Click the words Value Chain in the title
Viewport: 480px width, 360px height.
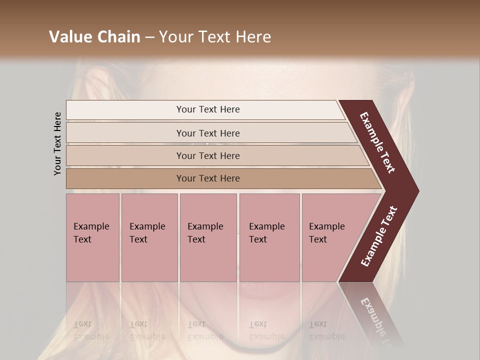click(x=94, y=37)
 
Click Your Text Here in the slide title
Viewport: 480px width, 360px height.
click(x=215, y=37)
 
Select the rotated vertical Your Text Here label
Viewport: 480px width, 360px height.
click(x=57, y=143)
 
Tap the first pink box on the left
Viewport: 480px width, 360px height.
click(x=92, y=237)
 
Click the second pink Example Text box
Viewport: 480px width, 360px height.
click(x=149, y=237)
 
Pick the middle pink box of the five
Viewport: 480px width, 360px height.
click(x=208, y=237)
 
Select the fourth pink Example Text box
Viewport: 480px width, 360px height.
click(x=269, y=237)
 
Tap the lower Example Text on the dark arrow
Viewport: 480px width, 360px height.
click(x=379, y=236)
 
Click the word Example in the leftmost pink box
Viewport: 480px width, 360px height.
click(x=91, y=226)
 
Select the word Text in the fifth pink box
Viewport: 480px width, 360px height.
click(x=318, y=239)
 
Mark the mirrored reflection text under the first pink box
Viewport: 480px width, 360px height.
click(x=91, y=330)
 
